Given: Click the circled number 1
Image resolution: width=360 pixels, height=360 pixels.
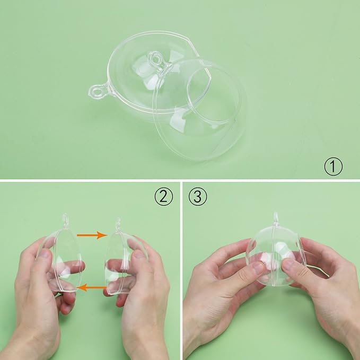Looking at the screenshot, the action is [333, 166].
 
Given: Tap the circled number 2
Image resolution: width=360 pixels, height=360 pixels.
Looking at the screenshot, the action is [164, 197].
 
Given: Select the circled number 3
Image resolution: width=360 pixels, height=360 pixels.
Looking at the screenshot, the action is [198, 197].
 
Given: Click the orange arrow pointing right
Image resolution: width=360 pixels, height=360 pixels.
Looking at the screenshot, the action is [92, 235].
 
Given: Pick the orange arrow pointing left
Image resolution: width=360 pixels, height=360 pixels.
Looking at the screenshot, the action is [91, 287].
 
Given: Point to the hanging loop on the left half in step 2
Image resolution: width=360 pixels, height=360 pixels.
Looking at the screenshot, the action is [65, 221].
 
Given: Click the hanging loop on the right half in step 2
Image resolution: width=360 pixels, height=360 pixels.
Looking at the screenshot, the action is [118, 224].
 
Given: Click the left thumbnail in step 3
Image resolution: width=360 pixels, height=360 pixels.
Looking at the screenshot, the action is [258, 267].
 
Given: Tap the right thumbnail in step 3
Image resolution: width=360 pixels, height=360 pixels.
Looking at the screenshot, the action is [288, 264].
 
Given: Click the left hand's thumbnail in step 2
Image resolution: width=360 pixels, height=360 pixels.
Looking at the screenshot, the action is [45, 254].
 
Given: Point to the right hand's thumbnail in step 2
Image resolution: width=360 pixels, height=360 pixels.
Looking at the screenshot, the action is [139, 254].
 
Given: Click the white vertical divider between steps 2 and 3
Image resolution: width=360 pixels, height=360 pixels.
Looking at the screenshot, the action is [181, 271].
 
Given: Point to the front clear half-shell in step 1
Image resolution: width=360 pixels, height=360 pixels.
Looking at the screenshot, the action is [199, 110].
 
